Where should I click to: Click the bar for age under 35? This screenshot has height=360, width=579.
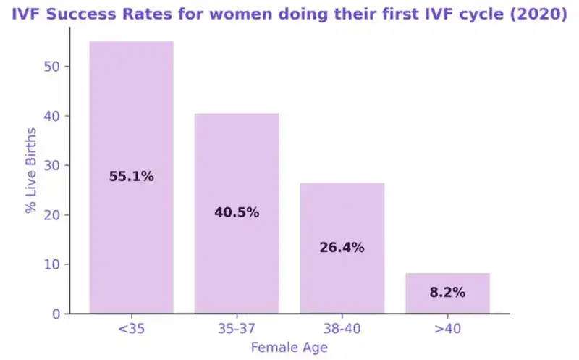click(131, 109)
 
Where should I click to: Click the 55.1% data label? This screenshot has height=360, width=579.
click(131, 176)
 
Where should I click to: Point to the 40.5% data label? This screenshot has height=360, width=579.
click(236, 213)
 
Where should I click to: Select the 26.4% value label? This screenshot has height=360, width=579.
click(342, 248)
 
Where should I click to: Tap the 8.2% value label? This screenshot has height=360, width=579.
click(447, 293)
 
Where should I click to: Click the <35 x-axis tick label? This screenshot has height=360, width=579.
click(131, 329)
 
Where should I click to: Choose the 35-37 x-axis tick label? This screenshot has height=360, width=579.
click(236, 329)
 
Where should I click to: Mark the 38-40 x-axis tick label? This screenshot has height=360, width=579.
click(342, 329)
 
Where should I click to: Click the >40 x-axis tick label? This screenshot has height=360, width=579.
click(447, 329)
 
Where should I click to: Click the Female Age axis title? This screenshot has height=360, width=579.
click(289, 348)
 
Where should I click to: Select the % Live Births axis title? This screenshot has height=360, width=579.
click(31, 171)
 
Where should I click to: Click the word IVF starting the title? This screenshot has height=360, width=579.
click(26, 12)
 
